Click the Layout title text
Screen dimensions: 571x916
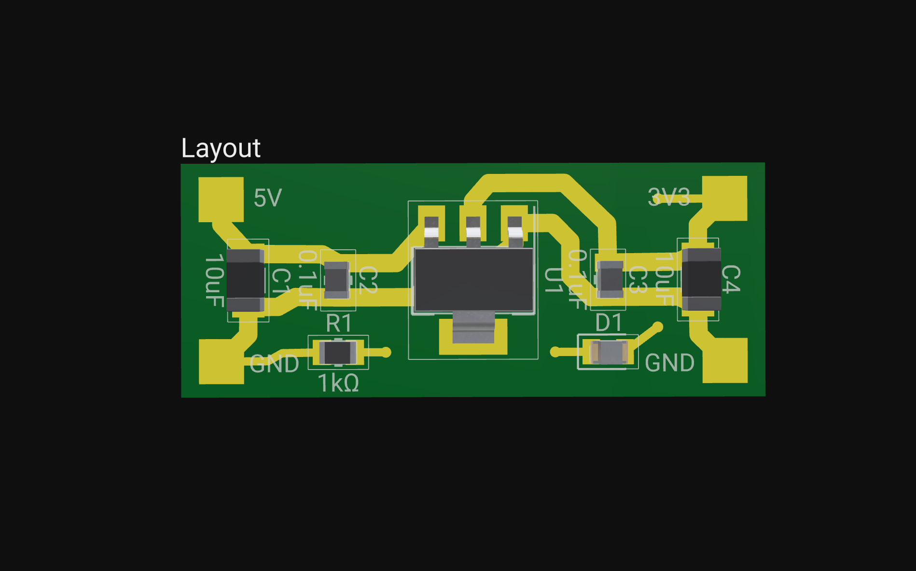[221, 148]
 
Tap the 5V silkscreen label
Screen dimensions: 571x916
[267, 198]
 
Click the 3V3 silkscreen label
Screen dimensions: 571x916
[668, 197]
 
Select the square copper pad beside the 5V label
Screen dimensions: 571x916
[221, 200]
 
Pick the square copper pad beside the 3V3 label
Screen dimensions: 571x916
[724, 198]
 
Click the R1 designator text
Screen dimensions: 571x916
[338, 323]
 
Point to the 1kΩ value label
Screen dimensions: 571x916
[338, 384]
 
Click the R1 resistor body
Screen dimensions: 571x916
[338, 352]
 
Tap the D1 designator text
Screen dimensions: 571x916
[608, 323]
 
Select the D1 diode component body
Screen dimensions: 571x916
[609, 352]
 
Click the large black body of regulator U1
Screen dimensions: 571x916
[473, 280]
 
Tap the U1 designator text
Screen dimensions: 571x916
[553, 280]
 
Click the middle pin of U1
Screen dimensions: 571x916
[473, 229]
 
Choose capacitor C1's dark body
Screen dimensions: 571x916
[245, 280]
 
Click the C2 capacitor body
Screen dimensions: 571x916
[337, 280]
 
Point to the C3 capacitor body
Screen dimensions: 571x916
[610, 279]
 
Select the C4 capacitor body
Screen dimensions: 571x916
[701, 279]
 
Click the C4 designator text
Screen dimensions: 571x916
[731, 279]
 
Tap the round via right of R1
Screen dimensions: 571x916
[386, 352]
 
